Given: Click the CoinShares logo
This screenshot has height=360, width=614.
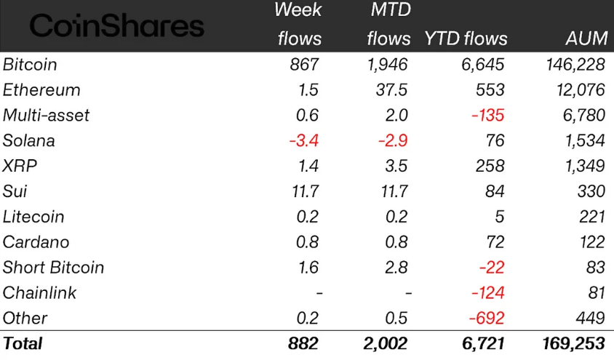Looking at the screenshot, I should [x=116, y=27].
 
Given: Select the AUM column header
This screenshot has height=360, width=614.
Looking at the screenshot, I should [x=585, y=39].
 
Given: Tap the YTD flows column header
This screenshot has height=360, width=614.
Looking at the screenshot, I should [x=466, y=39].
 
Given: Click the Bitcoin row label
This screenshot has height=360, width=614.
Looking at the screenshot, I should [x=30, y=65].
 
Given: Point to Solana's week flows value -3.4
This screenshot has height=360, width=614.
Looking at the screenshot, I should [x=303, y=140].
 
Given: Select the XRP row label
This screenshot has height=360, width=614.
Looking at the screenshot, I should [x=20, y=166].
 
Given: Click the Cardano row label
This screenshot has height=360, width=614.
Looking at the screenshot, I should [x=31, y=242].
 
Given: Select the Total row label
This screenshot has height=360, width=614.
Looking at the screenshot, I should [x=23, y=343].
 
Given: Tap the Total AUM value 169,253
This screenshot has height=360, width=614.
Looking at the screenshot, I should [x=573, y=343].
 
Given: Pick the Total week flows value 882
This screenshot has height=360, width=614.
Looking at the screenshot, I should [x=303, y=343].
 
